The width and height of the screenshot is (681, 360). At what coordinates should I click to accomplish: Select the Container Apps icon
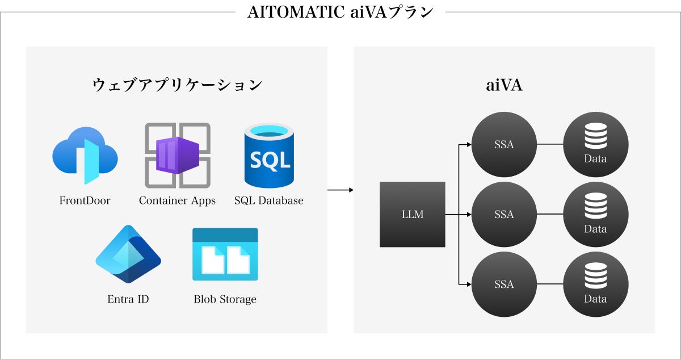tap(178, 155)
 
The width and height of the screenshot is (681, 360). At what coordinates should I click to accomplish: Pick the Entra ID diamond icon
tap(128, 254)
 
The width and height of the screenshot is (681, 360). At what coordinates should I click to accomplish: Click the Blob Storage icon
tap(225, 254)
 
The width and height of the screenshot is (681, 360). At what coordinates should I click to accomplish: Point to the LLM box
tap(412, 215)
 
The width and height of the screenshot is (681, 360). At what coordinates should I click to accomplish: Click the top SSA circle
tap(504, 144)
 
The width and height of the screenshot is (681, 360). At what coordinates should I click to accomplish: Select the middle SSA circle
tap(504, 215)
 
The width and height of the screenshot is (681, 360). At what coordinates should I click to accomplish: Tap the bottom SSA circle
tap(504, 284)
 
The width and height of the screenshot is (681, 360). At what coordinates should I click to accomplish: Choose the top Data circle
tap(595, 144)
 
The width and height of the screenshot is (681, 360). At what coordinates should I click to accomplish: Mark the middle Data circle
tap(595, 215)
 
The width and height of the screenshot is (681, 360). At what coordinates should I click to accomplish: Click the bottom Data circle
tap(595, 284)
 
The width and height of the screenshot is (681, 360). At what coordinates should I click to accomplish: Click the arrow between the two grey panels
tap(340, 190)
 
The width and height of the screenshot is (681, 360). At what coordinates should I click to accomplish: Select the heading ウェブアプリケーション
tap(177, 85)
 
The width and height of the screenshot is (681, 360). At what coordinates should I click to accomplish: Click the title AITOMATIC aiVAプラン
tap(340, 12)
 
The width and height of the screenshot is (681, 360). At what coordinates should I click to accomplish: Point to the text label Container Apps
tap(178, 200)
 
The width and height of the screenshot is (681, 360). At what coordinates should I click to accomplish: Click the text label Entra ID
tap(128, 299)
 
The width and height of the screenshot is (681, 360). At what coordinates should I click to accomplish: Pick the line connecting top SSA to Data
tap(549, 144)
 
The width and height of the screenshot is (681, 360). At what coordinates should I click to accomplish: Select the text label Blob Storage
tap(225, 299)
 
